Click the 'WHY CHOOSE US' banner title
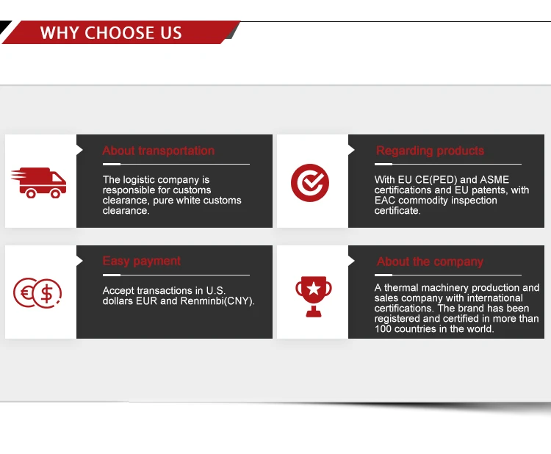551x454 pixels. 110,33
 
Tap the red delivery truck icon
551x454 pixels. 39,181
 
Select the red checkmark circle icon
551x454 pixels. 310,181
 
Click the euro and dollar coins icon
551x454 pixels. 37,293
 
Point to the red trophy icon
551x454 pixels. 313,295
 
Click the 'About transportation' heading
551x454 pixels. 159,151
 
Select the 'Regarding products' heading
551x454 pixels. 430,151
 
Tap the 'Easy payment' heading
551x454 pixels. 142,261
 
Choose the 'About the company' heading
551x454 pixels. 430,262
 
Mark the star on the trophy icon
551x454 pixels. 313,288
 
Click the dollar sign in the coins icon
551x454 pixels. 46,294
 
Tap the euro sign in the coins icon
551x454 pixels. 25,293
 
